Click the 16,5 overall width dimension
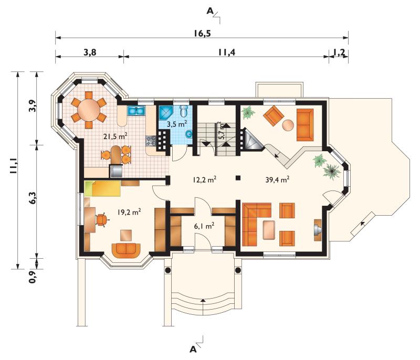(x=202, y=34)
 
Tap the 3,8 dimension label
(x=90, y=52)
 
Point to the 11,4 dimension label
(x=226, y=52)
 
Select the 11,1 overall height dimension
(x=14, y=166)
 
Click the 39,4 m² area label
(x=277, y=179)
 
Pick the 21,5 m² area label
(x=115, y=136)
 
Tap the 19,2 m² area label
(x=129, y=212)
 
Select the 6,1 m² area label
(x=204, y=226)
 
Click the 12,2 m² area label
(x=204, y=179)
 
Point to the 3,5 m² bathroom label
(x=176, y=124)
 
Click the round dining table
(x=89, y=110)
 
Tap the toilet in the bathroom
(x=184, y=111)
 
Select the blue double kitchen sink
(x=136, y=111)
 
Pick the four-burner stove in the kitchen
(x=151, y=141)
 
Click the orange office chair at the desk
(x=102, y=220)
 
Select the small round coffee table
(x=288, y=125)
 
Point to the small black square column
(x=238, y=177)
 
